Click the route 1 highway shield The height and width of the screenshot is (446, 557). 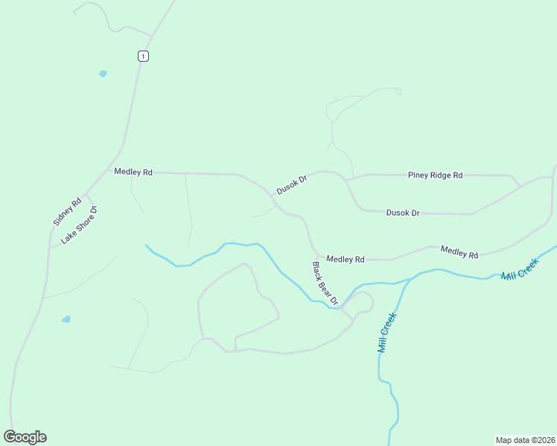(143, 56)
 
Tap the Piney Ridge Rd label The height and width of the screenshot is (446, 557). (435, 175)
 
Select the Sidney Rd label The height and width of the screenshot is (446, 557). (67, 211)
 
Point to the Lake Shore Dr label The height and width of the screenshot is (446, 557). (80, 225)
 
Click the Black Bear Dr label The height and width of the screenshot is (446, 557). (325, 283)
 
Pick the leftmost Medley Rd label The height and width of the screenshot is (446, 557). (133, 172)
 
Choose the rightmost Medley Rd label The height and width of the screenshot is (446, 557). (459, 252)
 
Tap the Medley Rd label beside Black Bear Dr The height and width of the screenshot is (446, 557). (346, 259)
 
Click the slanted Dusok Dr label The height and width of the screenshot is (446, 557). (292, 185)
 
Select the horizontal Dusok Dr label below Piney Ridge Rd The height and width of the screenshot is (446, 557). (403, 213)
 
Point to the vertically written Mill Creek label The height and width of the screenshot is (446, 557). (387, 332)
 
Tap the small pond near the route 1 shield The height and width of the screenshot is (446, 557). (103, 74)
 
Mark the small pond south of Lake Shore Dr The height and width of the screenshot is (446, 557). (66, 319)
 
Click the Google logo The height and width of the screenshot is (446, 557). (25, 437)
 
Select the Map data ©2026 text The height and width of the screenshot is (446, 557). (524, 439)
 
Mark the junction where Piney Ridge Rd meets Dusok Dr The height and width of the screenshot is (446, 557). (346, 180)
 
